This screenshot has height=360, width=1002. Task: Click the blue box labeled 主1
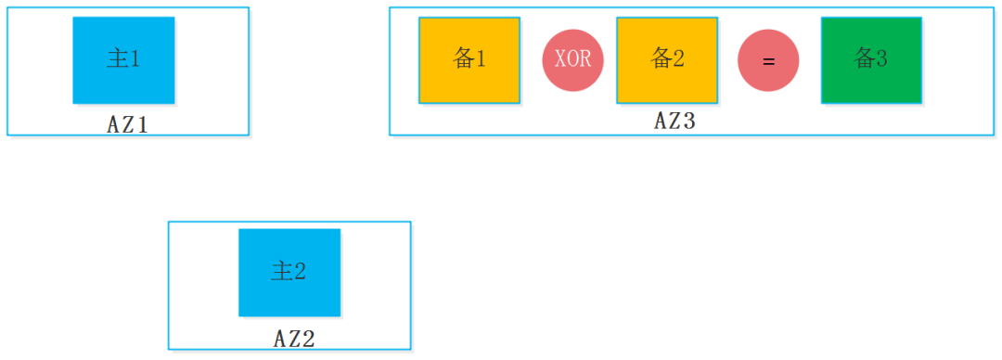coord(123,60)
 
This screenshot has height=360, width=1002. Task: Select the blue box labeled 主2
coord(289,272)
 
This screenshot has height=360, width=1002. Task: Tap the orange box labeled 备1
coord(469,60)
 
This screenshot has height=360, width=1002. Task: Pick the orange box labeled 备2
coord(667,60)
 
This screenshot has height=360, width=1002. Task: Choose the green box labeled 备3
coord(871,60)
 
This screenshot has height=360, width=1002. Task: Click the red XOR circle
coord(573,61)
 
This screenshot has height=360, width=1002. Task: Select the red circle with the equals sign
coord(768,61)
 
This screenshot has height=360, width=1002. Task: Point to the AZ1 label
coord(128,124)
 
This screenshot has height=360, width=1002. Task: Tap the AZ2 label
coord(295,339)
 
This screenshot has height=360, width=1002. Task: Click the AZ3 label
coord(674,121)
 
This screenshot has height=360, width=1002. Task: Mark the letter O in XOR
coord(573,61)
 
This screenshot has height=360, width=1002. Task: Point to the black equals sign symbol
coord(768,61)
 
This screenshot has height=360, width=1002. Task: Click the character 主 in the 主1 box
coord(117,59)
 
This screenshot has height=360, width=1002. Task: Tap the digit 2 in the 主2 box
coord(301,272)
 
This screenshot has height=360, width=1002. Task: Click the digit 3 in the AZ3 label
coord(688,121)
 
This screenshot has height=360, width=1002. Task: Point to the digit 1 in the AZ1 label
coord(143,124)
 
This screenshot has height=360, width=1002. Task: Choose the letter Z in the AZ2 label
coord(295,339)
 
